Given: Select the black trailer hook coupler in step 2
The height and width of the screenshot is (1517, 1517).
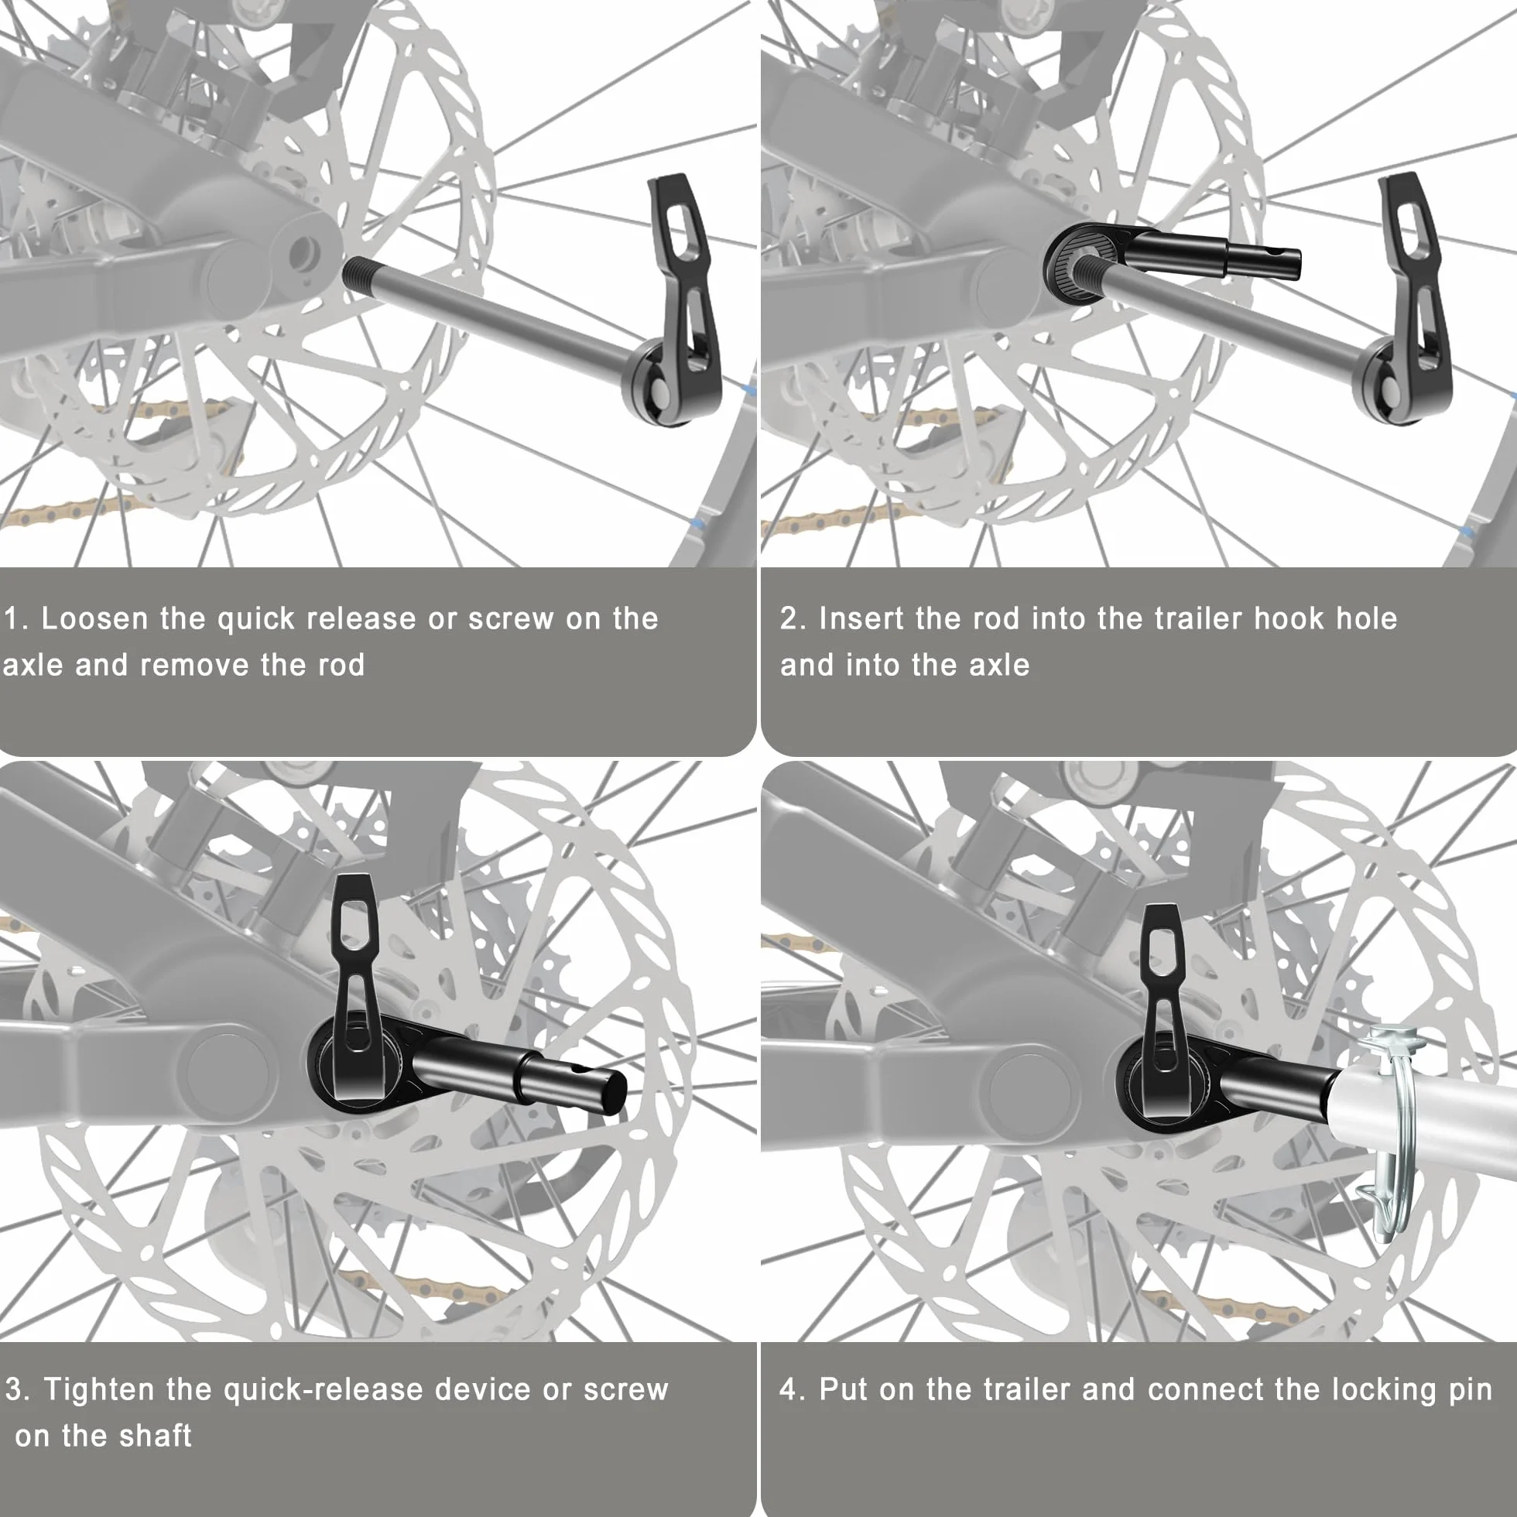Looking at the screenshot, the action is click(1170, 259).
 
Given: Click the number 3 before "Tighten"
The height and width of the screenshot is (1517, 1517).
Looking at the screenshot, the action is click(12, 1390).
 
